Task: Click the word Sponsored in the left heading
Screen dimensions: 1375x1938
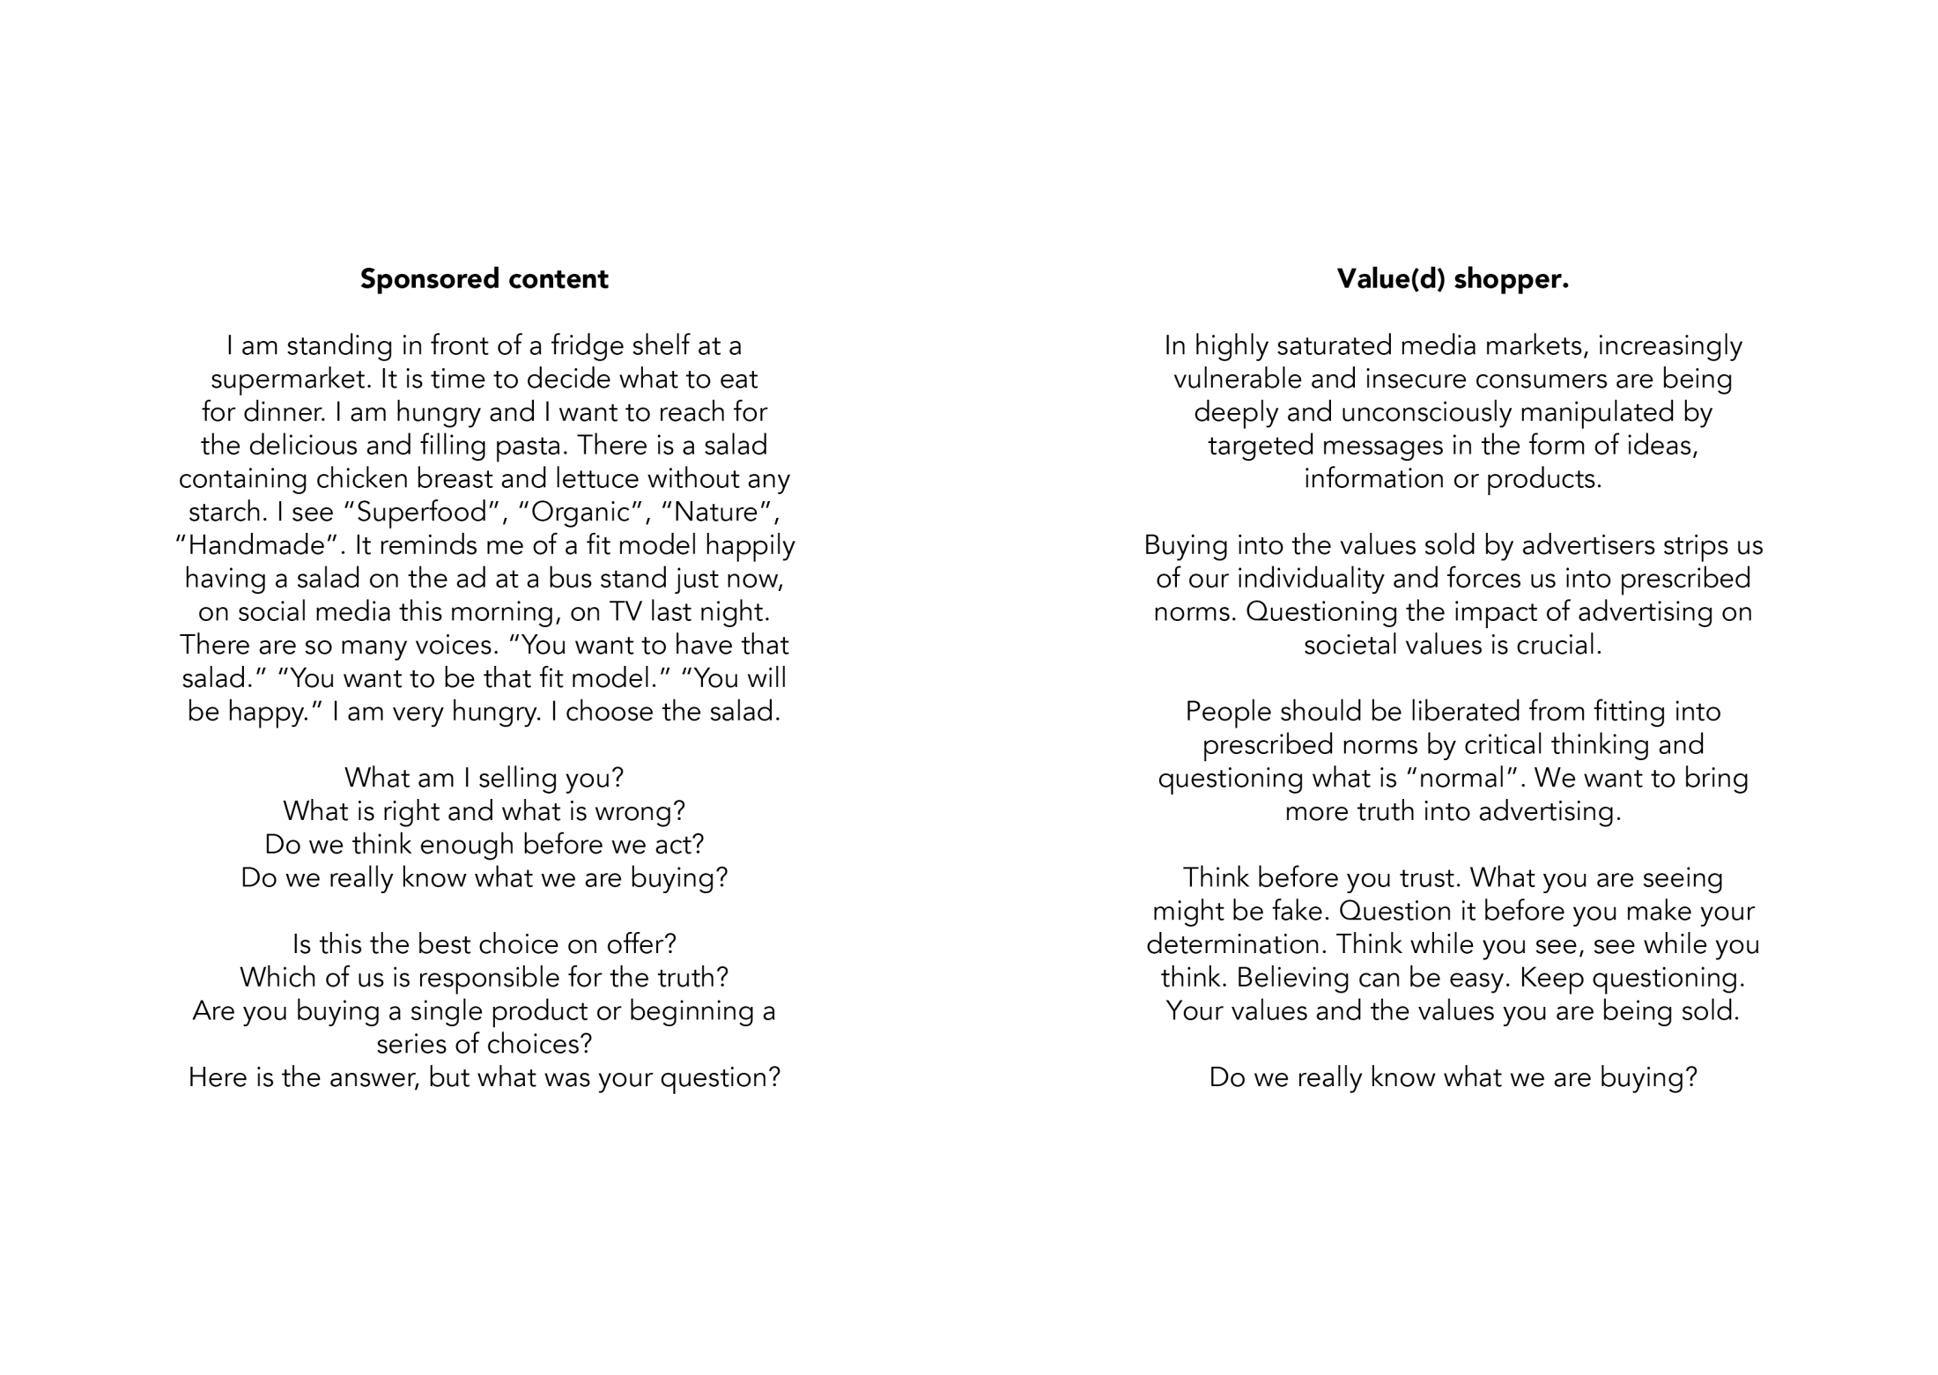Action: point(418,279)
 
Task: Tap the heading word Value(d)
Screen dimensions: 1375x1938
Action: point(1391,279)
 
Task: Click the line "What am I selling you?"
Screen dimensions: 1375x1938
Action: point(484,778)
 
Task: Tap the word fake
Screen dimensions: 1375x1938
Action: point(1298,911)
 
